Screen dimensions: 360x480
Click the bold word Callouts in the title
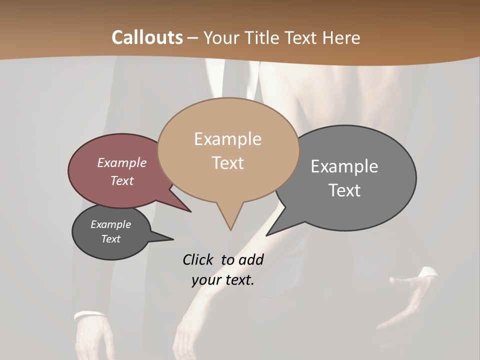click(x=147, y=37)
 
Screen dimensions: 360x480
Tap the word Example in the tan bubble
click(x=227, y=139)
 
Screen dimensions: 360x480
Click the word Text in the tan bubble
click(x=227, y=163)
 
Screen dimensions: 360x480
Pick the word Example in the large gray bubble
click(x=344, y=166)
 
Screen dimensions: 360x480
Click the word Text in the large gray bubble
click(x=344, y=190)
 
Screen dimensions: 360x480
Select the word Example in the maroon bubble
click(x=122, y=162)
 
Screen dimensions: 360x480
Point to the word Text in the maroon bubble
click(x=122, y=180)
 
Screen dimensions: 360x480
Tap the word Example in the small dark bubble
click(x=110, y=224)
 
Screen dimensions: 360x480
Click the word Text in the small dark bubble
click(x=110, y=239)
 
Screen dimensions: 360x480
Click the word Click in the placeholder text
click(x=198, y=259)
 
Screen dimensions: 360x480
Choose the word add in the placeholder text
click(x=251, y=259)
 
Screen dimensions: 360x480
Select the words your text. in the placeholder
click(x=222, y=280)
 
